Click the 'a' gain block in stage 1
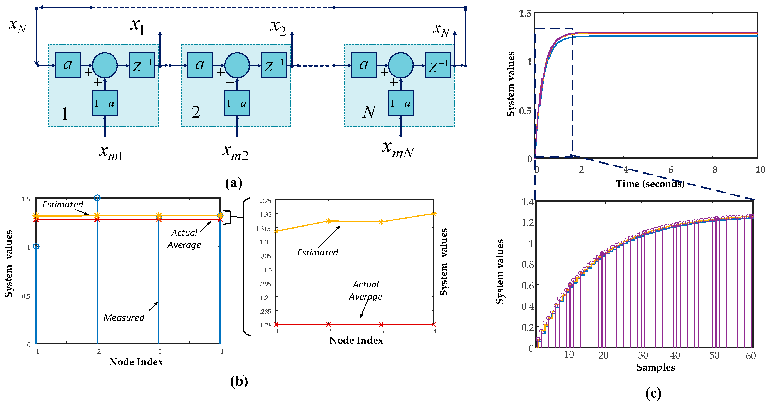click(x=68, y=65)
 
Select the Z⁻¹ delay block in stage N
click(x=438, y=65)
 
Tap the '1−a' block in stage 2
click(x=237, y=103)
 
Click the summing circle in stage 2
click(x=237, y=65)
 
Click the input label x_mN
click(x=398, y=149)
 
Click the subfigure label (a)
click(x=234, y=183)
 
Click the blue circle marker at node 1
click(x=36, y=246)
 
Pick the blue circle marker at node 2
click(x=97, y=197)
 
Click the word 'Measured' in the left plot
click(x=124, y=317)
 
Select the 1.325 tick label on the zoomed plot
click(x=264, y=201)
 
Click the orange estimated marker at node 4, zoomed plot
click(x=434, y=214)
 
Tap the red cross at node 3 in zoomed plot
click(x=381, y=324)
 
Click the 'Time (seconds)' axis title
click(x=650, y=184)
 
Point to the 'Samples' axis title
click(x=656, y=367)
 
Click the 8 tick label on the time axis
click(x=715, y=170)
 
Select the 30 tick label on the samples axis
click(x=643, y=355)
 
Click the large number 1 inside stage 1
click(x=65, y=114)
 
